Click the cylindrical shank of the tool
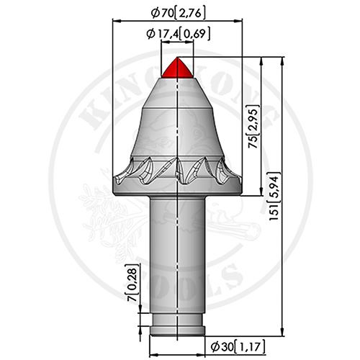[177, 252]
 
